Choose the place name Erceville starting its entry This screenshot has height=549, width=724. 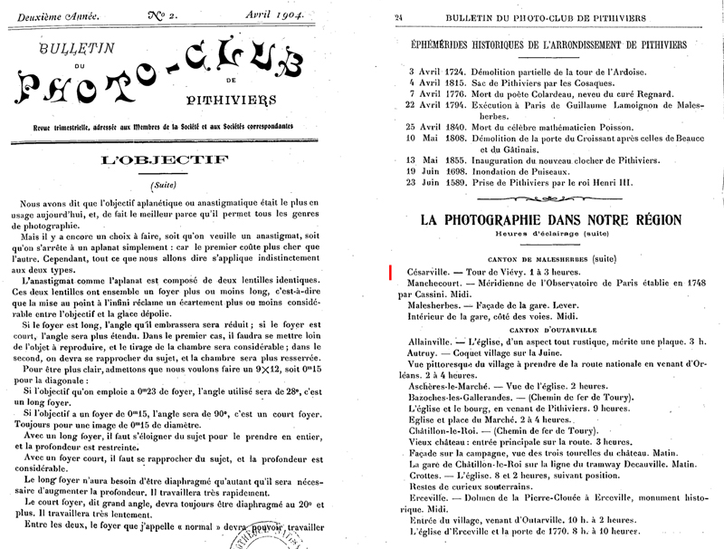click(427, 496)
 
